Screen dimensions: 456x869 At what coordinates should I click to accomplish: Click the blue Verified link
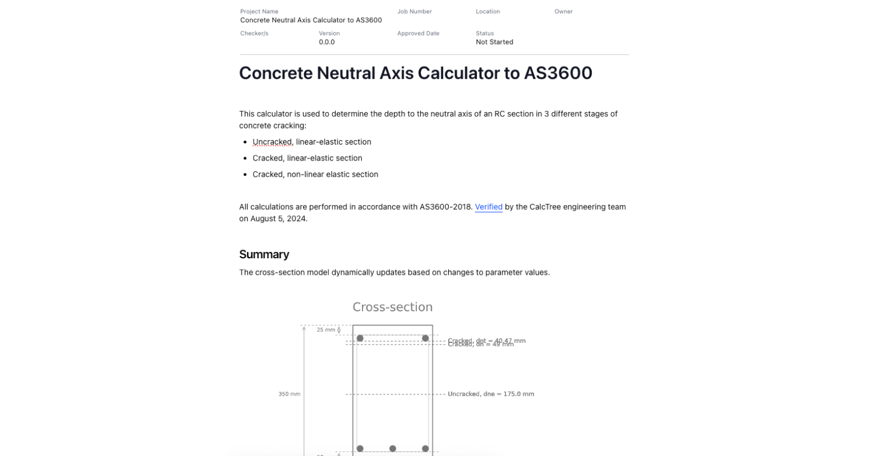pos(488,207)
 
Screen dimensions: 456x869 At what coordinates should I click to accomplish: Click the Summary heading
pos(264,254)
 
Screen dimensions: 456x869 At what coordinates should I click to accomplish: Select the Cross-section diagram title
pos(392,307)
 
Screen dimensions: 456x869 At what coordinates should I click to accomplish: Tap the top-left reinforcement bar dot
pos(360,338)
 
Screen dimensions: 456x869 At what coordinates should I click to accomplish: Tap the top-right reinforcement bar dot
pos(425,338)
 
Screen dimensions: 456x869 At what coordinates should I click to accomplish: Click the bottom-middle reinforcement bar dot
pos(393,449)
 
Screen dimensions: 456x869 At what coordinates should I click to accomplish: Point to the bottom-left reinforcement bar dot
pos(360,449)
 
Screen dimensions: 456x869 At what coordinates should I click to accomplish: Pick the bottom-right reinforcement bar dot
pos(425,449)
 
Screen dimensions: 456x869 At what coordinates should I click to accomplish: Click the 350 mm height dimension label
pos(289,394)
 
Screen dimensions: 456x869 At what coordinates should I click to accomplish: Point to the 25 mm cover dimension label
pos(326,330)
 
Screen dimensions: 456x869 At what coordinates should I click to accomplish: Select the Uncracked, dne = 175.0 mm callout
pos(491,394)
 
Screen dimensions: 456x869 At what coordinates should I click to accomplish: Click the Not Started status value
pos(495,42)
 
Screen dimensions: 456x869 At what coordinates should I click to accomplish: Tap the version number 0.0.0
pos(326,42)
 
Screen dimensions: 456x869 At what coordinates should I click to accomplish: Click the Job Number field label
pos(414,11)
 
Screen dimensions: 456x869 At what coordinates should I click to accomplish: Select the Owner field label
pos(563,11)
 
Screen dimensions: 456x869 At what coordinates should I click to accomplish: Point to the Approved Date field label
pos(418,33)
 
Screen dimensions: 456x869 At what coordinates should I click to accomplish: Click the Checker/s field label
pos(254,33)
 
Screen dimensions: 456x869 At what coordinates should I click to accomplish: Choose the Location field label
pos(488,11)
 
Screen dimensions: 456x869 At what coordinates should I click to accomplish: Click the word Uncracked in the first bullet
pos(272,142)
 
